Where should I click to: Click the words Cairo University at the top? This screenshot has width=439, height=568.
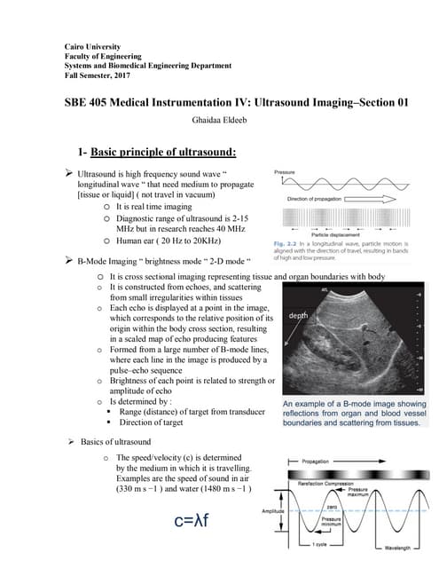pos(95,45)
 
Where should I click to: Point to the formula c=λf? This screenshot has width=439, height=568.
pos(190,518)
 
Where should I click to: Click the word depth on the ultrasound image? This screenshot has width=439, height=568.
pos(299,316)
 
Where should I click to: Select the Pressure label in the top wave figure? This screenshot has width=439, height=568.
pos(285,170)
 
